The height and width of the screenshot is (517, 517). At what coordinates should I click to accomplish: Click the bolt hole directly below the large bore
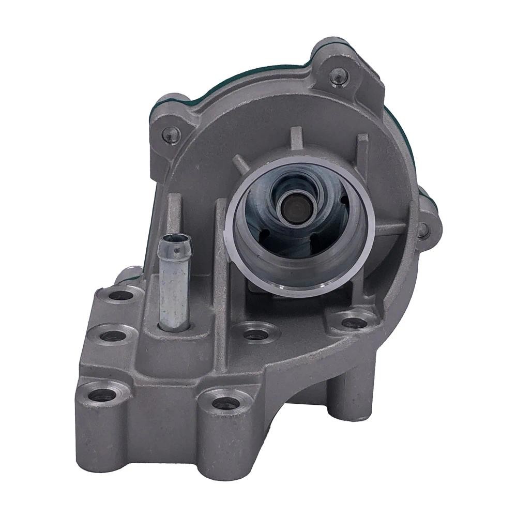pyautogui.click(x=253, y=333)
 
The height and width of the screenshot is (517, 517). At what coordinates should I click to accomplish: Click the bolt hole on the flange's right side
pyautogui.click(x=352, y=323)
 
